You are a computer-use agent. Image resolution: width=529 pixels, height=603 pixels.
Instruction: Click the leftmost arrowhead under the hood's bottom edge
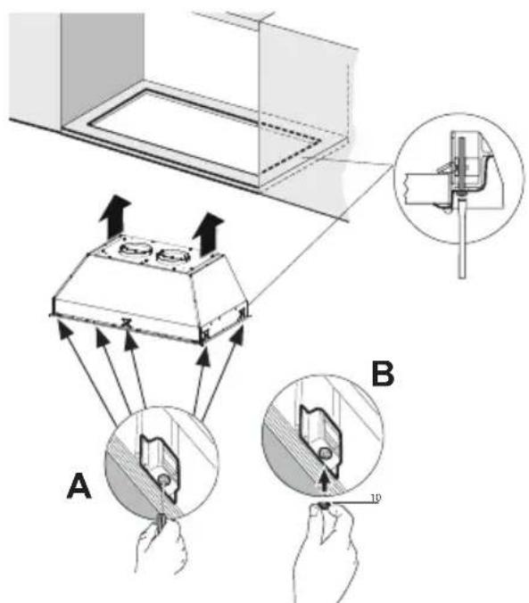[x=62, y=331]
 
